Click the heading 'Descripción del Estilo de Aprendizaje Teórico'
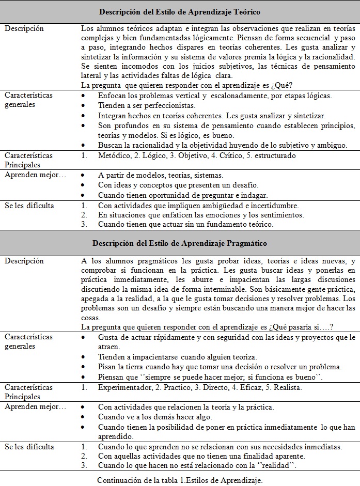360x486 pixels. tap(180, 11)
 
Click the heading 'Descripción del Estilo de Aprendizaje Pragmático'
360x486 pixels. tap(180, 242)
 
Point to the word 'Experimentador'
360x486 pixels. tap(123, 387)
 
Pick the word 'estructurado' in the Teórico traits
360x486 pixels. tap(273, 155)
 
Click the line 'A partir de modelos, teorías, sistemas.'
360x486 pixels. tap(161, 175)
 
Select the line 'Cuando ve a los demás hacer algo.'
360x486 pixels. tap(155, 417)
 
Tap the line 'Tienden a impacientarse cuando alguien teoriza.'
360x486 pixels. tap(177, 357)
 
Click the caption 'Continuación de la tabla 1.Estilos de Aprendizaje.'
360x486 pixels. tap(180, 480)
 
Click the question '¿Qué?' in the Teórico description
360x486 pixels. tap(284, 85)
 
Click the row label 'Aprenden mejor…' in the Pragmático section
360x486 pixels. tap(35, 407)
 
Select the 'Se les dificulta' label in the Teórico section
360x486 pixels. tap(29, 205)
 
